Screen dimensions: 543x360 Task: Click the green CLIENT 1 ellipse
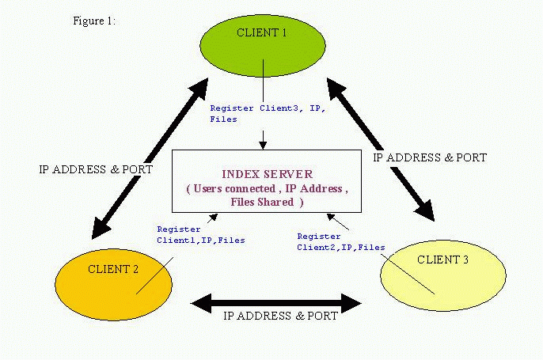point(263,45)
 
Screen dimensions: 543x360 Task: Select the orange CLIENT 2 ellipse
point(114,285)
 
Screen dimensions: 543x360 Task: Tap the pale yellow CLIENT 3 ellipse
point(443,275)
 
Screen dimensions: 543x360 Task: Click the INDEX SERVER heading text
point(267,174)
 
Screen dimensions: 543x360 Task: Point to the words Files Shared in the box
point(262,202)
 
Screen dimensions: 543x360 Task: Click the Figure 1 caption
point(94,21)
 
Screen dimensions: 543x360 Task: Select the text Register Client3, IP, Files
point(268,114)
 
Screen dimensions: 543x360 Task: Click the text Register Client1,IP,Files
point(201,235)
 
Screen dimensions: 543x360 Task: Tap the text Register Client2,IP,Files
point(341,242)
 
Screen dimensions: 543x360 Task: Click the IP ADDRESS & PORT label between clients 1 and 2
point(96,169)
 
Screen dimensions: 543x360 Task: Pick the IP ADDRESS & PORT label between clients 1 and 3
point(430,157)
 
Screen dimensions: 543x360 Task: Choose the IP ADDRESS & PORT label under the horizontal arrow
point(280,316)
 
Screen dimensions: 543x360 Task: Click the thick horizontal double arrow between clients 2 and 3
point(276,303)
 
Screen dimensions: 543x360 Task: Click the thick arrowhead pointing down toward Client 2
point(101,228)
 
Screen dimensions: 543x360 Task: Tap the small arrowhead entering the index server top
point(263,146)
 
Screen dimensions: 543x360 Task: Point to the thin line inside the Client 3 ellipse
point(408,275)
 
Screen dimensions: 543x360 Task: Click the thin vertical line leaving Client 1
point(263,81)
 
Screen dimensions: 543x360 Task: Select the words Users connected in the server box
point(234,189)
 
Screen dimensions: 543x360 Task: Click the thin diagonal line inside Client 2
point(154,276)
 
